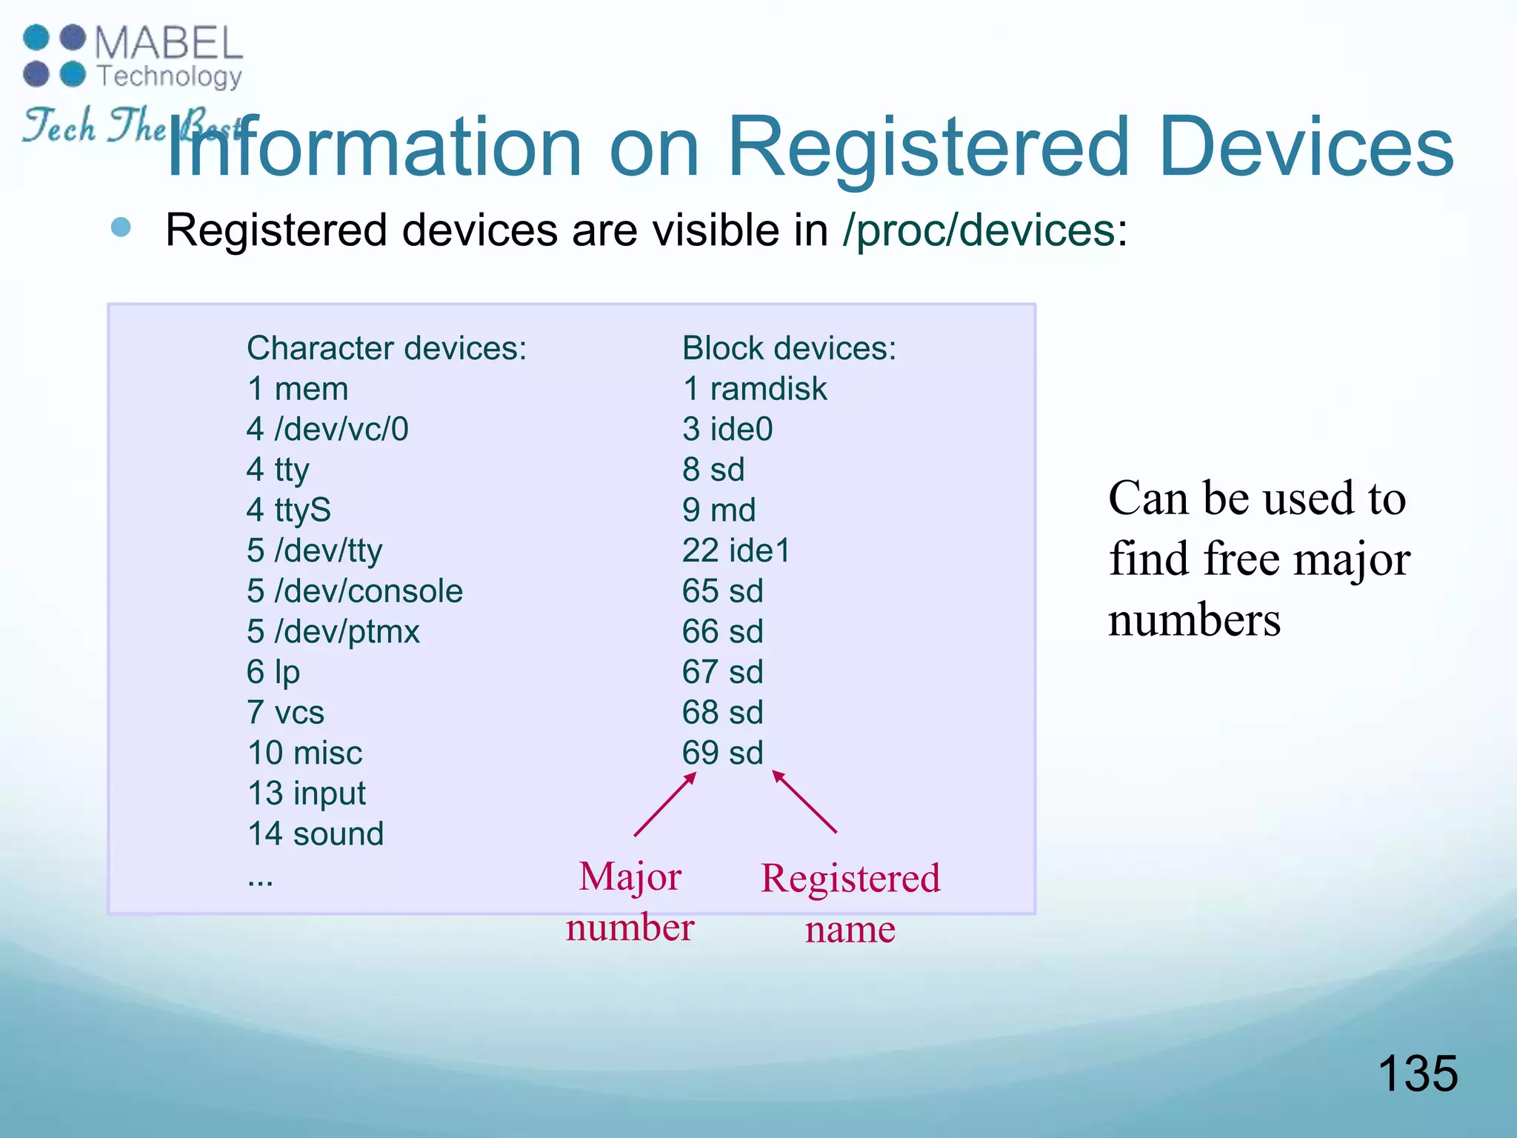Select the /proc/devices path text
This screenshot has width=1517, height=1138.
978,230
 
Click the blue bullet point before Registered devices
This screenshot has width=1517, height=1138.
121,227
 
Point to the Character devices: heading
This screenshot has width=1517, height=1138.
386,348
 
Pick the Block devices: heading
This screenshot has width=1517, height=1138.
789,348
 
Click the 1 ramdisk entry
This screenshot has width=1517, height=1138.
754,389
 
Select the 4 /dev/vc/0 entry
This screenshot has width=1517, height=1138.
327,429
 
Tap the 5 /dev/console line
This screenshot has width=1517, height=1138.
354,591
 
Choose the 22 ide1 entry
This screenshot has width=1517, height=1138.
736,550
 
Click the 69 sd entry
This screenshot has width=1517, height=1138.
722,753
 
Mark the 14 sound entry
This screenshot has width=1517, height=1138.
316,834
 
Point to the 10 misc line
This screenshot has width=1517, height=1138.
304,753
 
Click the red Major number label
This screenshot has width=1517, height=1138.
630,902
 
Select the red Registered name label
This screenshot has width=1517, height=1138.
850,903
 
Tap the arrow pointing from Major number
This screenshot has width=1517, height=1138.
665,805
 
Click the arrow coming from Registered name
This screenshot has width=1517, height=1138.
804,802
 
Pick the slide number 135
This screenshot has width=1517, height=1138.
1417,1073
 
